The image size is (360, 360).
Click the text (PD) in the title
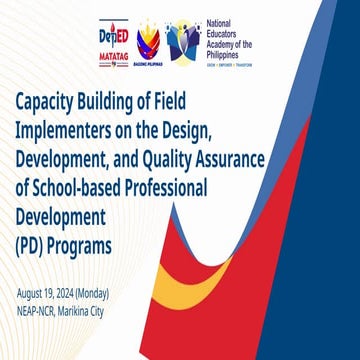(32, 247)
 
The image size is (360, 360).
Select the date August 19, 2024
(48, 293)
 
